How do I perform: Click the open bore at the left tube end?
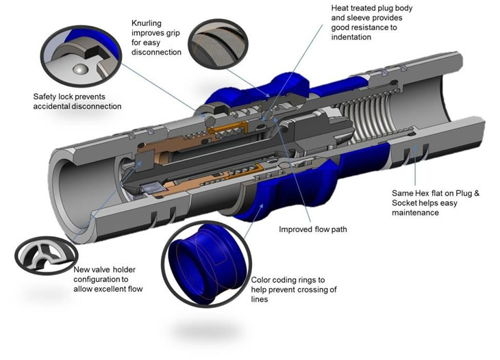68,185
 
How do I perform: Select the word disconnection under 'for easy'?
156,52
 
